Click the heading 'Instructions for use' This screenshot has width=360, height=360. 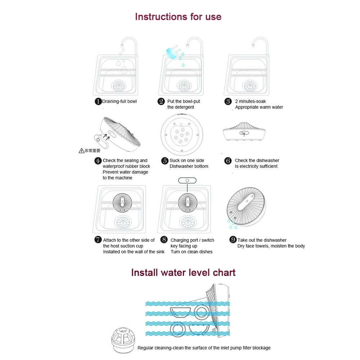[x=178, y=17]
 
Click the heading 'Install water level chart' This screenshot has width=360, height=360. [x=183, y=272]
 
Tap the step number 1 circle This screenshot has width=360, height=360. [x=98, y=102]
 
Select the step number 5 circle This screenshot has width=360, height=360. [x=165, y=161]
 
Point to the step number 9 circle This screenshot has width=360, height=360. [x=233, y=240]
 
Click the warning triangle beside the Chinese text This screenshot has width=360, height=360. [x=81, y=151]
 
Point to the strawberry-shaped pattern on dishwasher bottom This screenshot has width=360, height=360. [x=183, y=136]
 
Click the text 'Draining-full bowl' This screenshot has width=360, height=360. [x=119, y=102]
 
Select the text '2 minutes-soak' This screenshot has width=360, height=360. [x=250, y=102]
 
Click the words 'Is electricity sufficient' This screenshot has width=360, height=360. [x=256, y=166]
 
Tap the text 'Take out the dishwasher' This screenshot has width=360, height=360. [x=262, y=240]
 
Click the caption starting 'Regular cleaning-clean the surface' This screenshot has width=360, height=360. [x=204, y=348]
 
